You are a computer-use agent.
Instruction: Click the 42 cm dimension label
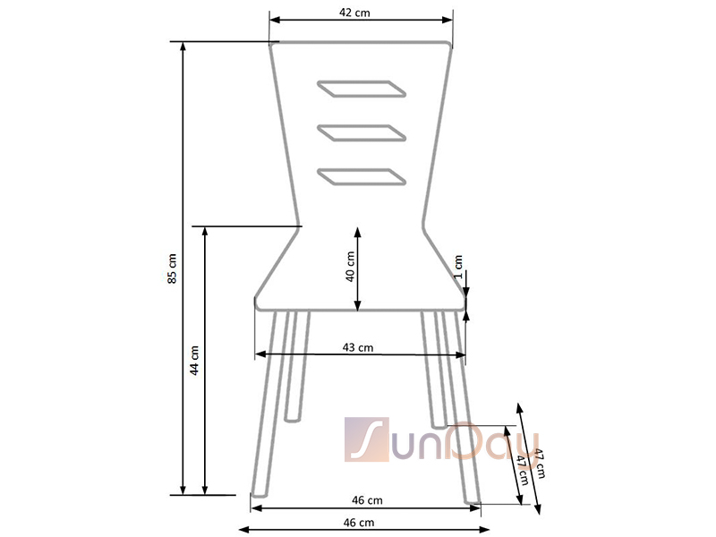tap(354, 13)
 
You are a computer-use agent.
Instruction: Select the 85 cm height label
tap(172, 268)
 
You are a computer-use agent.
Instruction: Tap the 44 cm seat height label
tap(194, 361)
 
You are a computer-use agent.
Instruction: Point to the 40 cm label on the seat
tap(350, 266)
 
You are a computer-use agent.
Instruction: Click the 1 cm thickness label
tap(458, 267)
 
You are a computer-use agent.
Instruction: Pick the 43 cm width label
tap(357, 347)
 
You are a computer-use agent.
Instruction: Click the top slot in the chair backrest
tap(362, 89)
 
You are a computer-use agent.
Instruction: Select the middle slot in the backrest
tap(362, 132)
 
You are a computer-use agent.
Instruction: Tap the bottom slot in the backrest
tap(362, 177)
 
